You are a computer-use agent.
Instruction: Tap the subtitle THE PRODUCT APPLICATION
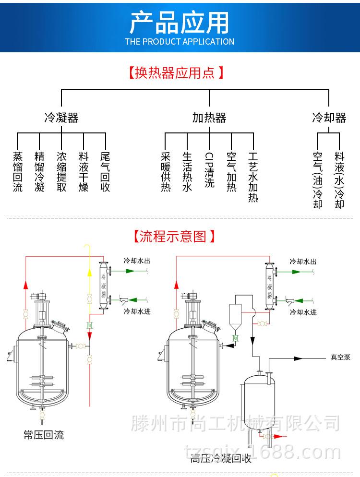tap(180, 42)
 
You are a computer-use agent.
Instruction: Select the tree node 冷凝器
tap(61, 118)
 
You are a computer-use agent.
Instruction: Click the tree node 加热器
tap(209, 118)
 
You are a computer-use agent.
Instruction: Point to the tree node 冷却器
tap(329, 118)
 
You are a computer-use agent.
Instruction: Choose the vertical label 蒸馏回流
tap(18, 172)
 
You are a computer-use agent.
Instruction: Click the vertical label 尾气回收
tap(105, 172)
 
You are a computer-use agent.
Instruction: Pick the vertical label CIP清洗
tap(209, 170)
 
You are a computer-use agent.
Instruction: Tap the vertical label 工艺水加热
tap(253, 177)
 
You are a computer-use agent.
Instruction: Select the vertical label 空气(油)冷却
tap(318, 179)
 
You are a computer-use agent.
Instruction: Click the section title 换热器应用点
tap(176, 73)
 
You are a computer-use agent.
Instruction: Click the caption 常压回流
tap(44, 435)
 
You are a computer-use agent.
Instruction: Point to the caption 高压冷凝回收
tap(221, 458)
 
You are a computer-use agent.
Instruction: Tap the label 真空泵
tap(340, 358)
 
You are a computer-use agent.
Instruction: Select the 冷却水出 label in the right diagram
tap(303, 262)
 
